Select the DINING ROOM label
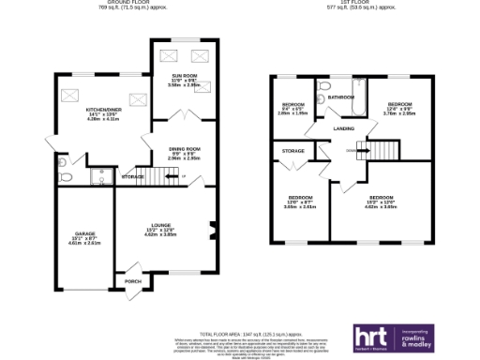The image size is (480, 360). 186,149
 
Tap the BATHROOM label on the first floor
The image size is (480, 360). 341,97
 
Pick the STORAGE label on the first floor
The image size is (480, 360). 293,150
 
